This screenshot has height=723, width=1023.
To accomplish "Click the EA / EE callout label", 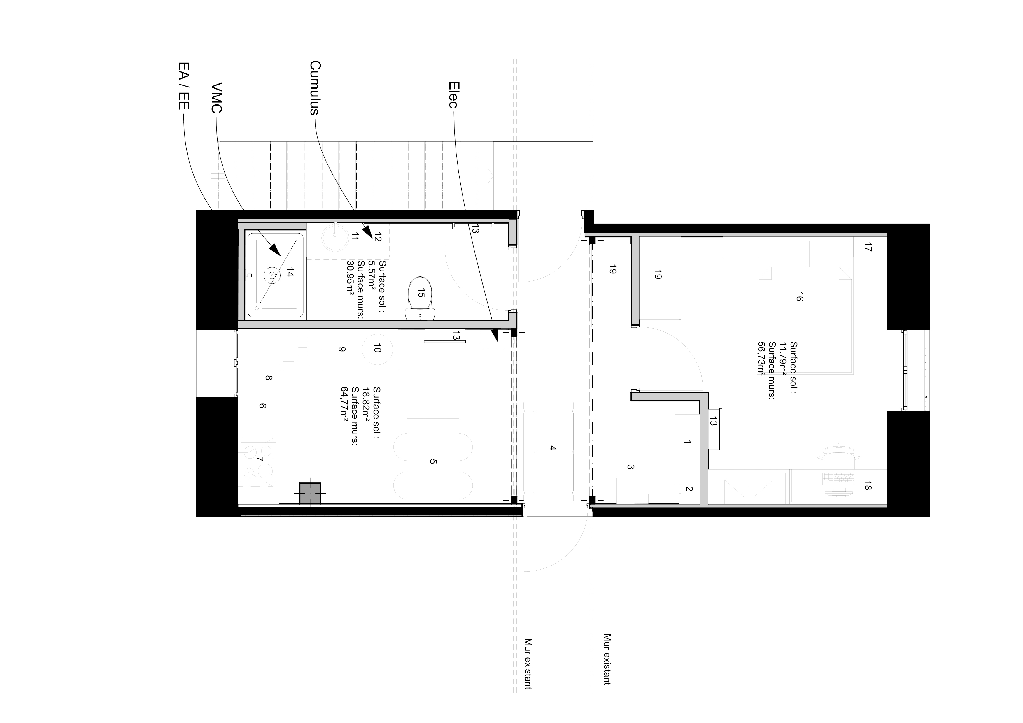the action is coord(183,86).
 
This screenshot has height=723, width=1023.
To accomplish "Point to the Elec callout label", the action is coord(453,94).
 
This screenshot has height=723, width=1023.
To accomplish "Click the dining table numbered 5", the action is coord(433,459).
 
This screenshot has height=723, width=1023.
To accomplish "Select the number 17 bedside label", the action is coord(867,247).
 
